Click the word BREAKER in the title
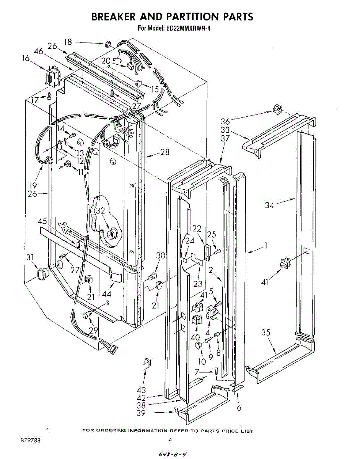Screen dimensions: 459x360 [112, 16]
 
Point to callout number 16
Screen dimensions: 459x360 [26, 59]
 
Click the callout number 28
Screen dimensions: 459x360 [165, 153]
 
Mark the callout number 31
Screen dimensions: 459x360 [29, 257]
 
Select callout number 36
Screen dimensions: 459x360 [225, 121]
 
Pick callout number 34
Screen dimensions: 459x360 [270, 205]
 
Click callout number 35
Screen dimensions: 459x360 [266, 332]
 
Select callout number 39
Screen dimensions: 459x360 [141, 413]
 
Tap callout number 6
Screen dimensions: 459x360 [239, 408]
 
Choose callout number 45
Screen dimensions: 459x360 [42, 221]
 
